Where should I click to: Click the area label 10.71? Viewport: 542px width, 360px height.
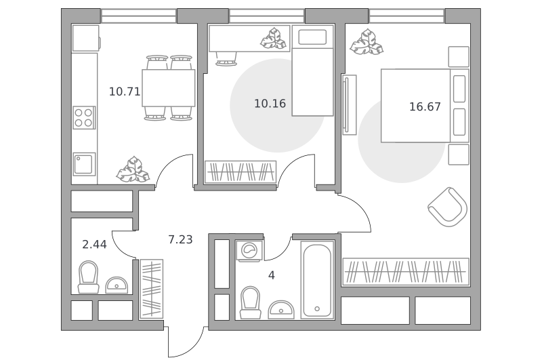pyautogui.click(x=125, y=92)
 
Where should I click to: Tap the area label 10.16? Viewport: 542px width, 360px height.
pyautogui.click(x=270, y=104)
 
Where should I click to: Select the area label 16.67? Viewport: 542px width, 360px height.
pyautogui.click(x=425, y=106)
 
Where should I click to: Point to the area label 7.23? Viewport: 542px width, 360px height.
pyautogui.click(x=180, y=239)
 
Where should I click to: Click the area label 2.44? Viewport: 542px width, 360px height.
pyautogui.click(x=94, y=245)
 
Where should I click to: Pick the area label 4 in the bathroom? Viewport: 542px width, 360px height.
pyautogui.click(x=272, y=275)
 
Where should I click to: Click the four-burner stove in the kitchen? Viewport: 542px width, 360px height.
pyautogui.click(x=84, y=117)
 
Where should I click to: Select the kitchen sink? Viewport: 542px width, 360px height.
pyautogui.click(x=84, y=164)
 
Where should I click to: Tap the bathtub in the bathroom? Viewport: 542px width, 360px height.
pyautogui.click(x=317, y=279)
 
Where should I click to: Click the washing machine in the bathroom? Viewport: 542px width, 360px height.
pyautogui.click(x=249, y=250)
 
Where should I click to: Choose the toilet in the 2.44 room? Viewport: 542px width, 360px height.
pyautogui.click(x=89, y=277)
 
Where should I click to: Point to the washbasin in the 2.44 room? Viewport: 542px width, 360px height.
pyautogui.click(x=117, y=285)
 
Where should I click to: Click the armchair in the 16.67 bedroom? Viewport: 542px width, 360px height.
pyautogui.click(x=447, y=207)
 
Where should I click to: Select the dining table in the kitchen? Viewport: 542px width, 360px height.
pyautogui.click(x=168, y=88)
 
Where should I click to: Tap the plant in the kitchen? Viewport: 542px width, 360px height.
pyautogui.click(x=133, y=169)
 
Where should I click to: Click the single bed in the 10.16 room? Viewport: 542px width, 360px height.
pyautogui.click(x=313, y=71)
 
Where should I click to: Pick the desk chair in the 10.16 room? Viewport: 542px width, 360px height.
pyautogui.click(x=226, y=58)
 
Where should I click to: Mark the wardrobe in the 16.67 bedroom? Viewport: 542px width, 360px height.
pyautogui.click(x=406, y=272)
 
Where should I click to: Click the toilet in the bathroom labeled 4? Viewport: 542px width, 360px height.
pyautogui.click(x=250, y=302)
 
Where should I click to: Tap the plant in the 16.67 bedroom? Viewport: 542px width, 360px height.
pyautogui.click(x=367, y=42)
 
